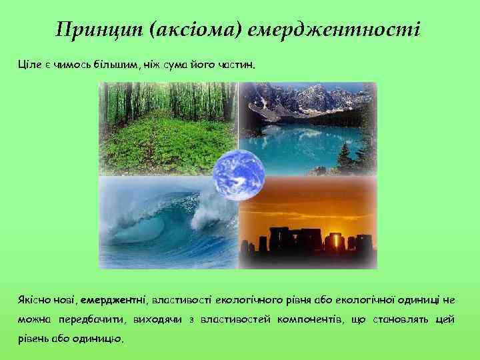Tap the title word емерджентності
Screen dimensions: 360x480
[333, 30]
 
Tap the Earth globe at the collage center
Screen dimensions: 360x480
[238, 175]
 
